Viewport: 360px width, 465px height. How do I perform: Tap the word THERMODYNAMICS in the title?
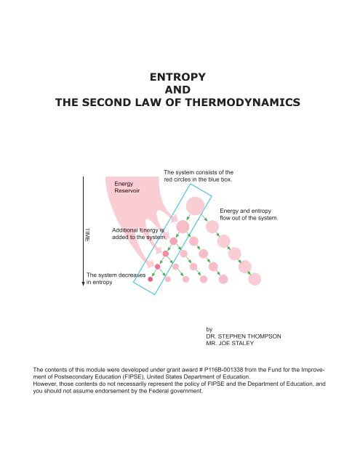[235, 104]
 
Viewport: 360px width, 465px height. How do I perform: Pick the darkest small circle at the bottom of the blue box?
[151, 279]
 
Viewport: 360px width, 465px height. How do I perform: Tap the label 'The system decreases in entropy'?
[116, 280]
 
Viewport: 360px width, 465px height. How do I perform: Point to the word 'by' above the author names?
[211, 328]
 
